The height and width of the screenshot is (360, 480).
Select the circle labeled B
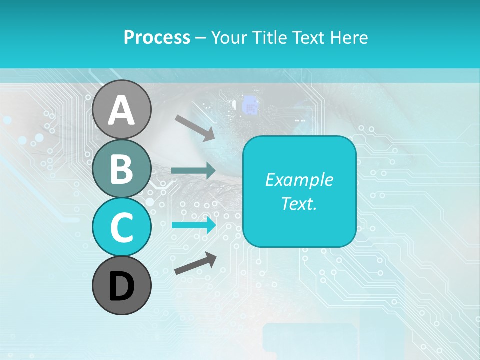122,169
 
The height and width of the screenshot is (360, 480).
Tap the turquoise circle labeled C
122,227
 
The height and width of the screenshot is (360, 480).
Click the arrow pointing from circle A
195,127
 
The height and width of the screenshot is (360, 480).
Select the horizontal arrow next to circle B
194,170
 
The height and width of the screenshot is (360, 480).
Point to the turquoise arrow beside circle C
194,225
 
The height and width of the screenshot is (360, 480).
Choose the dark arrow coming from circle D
195,263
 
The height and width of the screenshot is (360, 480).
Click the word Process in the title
157,37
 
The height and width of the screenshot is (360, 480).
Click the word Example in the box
299,180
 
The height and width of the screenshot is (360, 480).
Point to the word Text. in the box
299,203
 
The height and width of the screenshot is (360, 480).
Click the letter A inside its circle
122,110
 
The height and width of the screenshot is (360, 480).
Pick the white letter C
122,227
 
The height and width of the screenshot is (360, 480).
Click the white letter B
122,169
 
